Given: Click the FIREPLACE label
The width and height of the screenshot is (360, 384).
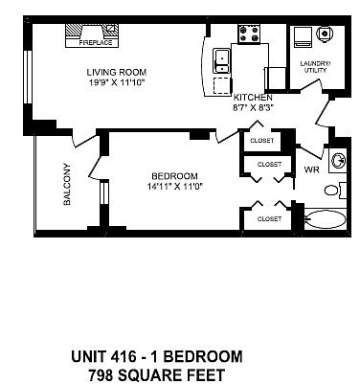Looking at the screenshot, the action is pyautogui.click(x=96, y=43).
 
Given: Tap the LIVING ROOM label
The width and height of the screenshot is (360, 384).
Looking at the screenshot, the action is pyautogui.click(x=117, y=72).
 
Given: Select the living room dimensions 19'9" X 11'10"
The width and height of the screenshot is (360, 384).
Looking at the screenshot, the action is pyautogui.click(x=117, y=82).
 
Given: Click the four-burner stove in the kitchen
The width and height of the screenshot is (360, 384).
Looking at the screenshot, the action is pyautogui.click(x=249, y=34).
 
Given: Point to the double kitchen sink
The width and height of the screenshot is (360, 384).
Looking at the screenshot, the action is pyautogui.click(x=221, y=61).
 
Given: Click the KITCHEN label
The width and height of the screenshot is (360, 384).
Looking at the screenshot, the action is pyautogui.click(x=253, y=98).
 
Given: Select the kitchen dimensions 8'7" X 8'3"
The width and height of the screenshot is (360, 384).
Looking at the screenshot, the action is pyautogui.click(x=253, y=107).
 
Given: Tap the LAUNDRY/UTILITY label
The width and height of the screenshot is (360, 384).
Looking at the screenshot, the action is pyautogui.click(x=315, y=67).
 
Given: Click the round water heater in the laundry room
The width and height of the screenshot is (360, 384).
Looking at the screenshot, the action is pyautogui.click(x=326, y=34).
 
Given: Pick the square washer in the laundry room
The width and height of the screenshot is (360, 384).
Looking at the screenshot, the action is pyautogui.click(x=303, y=36).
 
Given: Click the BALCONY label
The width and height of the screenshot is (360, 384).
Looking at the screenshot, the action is pyautogui.click(x=67, y=184).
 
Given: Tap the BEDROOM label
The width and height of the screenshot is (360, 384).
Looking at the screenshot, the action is pyautogui.click(x=174, y=176).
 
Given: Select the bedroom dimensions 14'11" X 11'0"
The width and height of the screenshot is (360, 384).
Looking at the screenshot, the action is pyautogui.click(x=175, y=186).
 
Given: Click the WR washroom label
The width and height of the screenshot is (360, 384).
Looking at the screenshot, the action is pyautogui.click(x=311, y=169).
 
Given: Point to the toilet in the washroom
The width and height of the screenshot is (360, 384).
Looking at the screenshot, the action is pyautogui.click(x=335, y=191).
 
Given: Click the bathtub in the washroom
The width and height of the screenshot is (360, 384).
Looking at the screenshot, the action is pyautogui.click(x=326, y=219).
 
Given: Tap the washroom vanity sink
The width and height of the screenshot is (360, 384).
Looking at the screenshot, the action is pyautogui.click(x=338, y=161).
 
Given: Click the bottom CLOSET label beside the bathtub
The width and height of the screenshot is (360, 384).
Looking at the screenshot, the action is pyautogui.click(x=270, y=219).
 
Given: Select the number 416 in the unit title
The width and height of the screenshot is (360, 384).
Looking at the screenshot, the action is pyautogui.click(x=124, y=356).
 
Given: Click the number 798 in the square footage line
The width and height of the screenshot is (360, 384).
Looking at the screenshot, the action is pyautogui.click(x=101, y=374).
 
